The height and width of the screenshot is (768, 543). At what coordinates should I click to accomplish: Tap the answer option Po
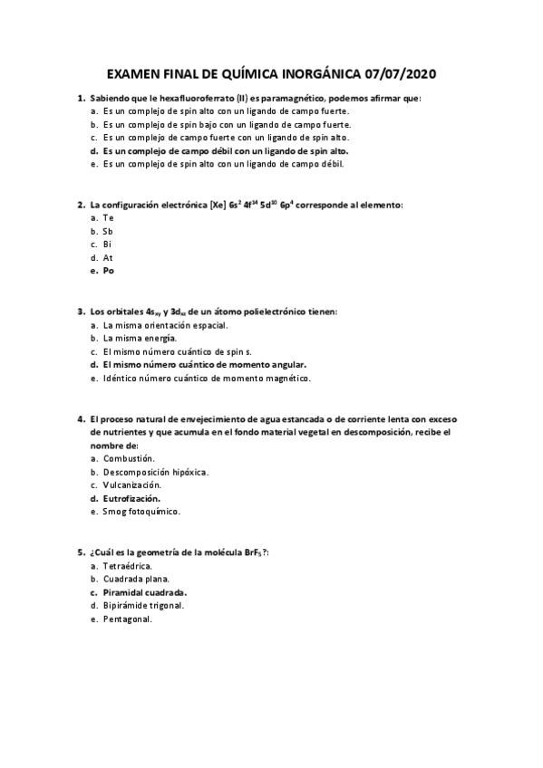pyautogui.click(x=109, y=271)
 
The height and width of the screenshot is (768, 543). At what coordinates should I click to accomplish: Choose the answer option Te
pyautogui.click(x=109, y=218)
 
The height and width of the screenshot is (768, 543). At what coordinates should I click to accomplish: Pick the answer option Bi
pyautogui.click(x=108, y=245)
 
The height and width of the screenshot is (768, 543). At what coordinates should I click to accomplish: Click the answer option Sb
pyautogui.click(x=108, y=231)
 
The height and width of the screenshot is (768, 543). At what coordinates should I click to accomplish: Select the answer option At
pyautogui.click(x=108, y=257)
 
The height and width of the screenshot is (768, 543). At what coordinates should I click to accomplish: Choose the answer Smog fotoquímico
pyautogui.click(x=142, y=512)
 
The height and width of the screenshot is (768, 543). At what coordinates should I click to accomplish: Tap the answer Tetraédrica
pyautogui.click(x=128, y=566)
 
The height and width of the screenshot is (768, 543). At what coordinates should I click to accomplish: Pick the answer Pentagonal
pyautogui.click(x=128, y=619)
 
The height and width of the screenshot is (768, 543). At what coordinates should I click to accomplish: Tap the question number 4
pyautogui.click(x=81, y=419)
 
